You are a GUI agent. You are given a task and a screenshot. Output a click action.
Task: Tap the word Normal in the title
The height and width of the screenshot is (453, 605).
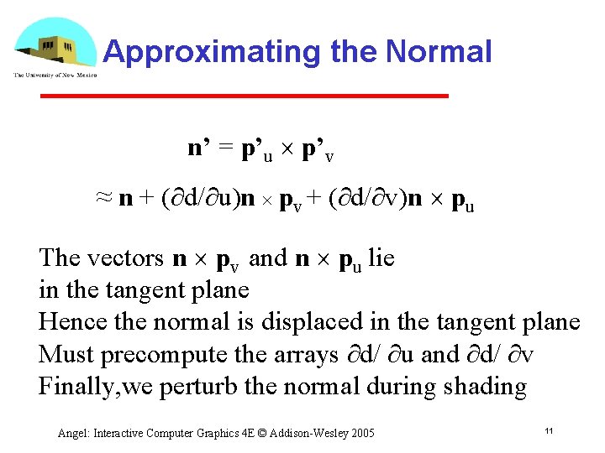(438, 52)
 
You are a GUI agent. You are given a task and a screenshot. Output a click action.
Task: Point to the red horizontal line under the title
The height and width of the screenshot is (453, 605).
(245, 96)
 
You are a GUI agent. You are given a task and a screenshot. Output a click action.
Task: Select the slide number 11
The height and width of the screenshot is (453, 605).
(548, 431)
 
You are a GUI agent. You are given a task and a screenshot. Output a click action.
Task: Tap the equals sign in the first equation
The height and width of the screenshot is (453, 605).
(225, 149)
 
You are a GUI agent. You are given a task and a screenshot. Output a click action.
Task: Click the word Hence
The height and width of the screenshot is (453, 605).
(68, 322)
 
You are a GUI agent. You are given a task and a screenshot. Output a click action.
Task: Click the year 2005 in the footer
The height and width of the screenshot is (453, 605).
(361, 433)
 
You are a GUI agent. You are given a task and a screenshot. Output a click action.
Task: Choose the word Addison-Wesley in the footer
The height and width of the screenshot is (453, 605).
(313, 433)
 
